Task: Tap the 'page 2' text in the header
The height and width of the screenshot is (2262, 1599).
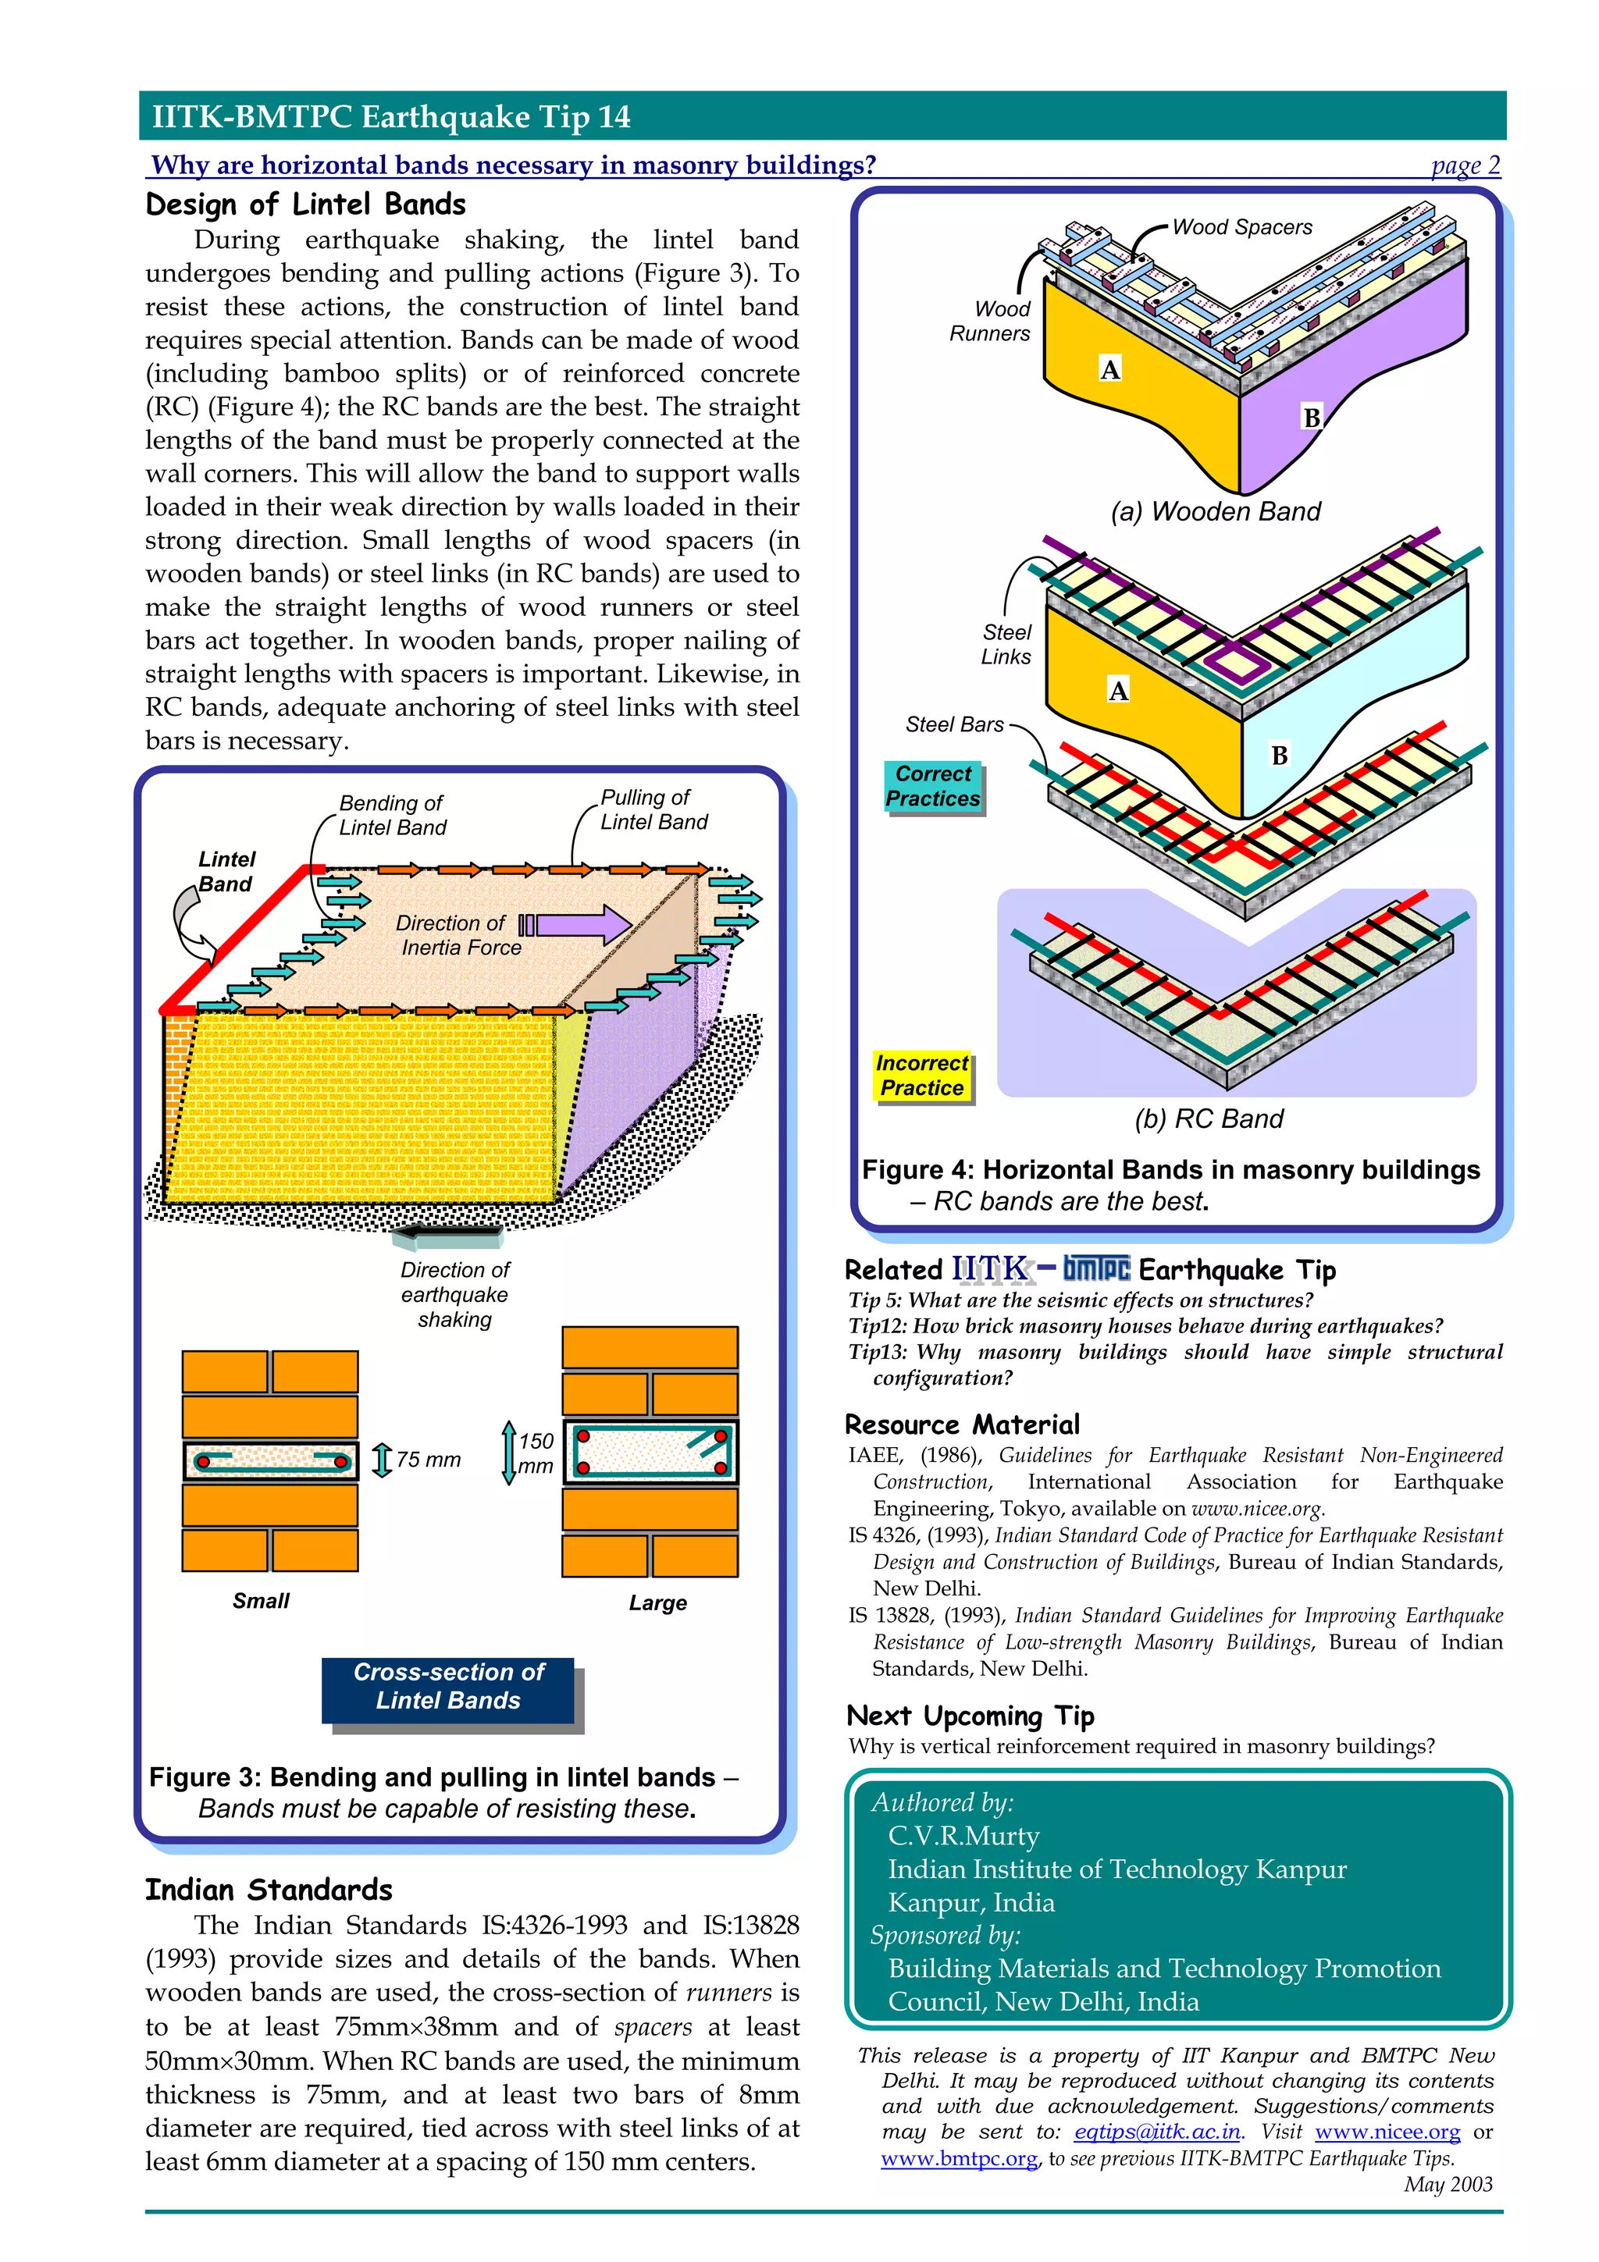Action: (x=1465, y=165)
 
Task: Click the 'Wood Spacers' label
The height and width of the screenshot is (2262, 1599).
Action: (x=1241, y=228)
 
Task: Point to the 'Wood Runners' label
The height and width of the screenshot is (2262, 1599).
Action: (x=990, y=321)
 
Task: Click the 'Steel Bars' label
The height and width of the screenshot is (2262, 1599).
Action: (x=953, y=724)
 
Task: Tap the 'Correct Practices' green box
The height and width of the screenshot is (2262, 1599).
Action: (x=933, y=786)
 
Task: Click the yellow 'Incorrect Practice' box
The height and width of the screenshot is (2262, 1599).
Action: (x=922, y=1075)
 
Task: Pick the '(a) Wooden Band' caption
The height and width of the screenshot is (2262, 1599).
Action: (x=1215, y=511)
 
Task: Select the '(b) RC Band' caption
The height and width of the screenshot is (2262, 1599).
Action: (x=1209, y=1119)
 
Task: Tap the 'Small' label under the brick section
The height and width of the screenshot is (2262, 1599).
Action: (x=261, y=1601)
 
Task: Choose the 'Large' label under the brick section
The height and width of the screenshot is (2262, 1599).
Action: (x=657, y=1603)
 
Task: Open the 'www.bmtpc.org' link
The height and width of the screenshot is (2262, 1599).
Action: (x=959, y=2157)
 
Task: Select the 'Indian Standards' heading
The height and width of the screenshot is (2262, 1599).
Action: (x=268, y=1890)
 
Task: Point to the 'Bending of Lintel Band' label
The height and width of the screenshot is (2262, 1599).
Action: (x=392, y=815)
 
